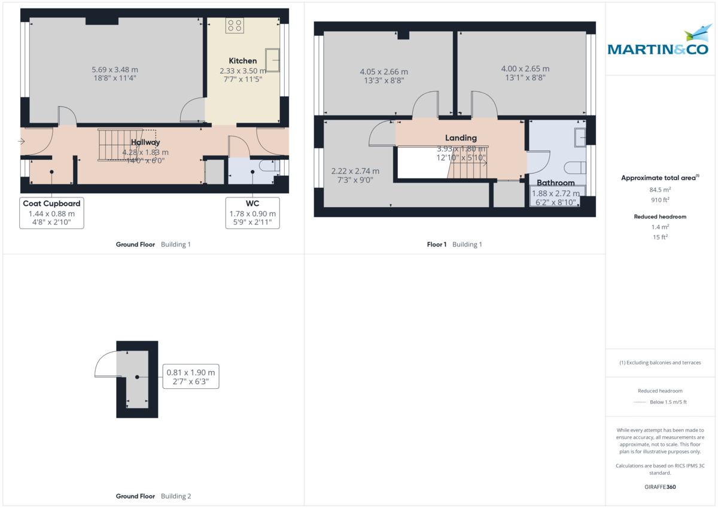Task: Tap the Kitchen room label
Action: tap(243, 60)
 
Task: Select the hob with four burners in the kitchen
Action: tap(234, 25)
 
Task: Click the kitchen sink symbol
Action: tap(272, 60)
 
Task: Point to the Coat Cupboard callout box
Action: tap(51, 212)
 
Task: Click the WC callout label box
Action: tap(252, 212)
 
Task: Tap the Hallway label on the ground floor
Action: tap(146, 142)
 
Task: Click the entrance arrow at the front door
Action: tap(22, 141)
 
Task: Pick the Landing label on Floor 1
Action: tap(461, 138)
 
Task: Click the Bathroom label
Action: tap(555, 182)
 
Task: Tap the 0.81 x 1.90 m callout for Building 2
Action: tap(190, 376)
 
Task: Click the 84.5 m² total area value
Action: tap(659, 190)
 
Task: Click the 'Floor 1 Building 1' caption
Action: tap(454, 244)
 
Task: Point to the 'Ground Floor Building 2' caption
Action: tap(153, 496)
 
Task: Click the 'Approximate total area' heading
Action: tap(659, 178)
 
